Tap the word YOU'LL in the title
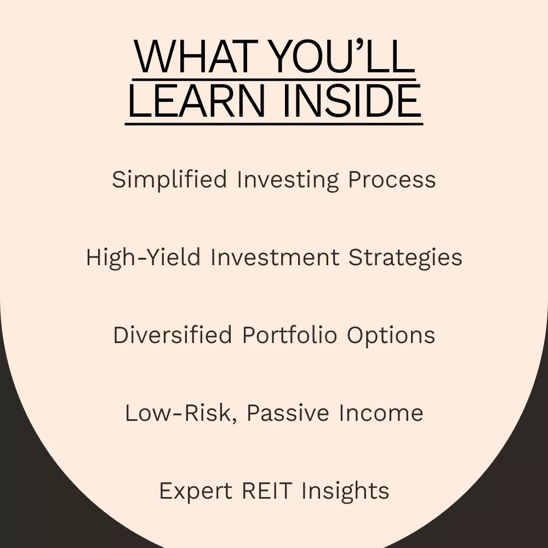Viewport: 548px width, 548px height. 342,56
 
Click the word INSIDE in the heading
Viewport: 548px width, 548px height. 352,101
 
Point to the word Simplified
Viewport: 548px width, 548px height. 169,180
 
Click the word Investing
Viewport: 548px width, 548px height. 288,180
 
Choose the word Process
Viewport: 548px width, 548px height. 392,180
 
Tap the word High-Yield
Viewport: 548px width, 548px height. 143,258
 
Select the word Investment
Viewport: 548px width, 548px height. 275,257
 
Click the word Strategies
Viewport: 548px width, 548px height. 406,258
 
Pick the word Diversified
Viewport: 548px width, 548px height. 173,335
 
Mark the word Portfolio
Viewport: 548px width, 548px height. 290,335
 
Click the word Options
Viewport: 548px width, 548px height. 391,335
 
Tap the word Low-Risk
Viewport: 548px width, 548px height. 181,413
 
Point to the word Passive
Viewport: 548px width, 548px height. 288,413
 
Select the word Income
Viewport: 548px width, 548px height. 381,413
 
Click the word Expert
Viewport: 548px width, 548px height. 196,491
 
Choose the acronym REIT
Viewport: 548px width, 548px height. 267,490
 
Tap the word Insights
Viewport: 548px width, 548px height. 345,491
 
